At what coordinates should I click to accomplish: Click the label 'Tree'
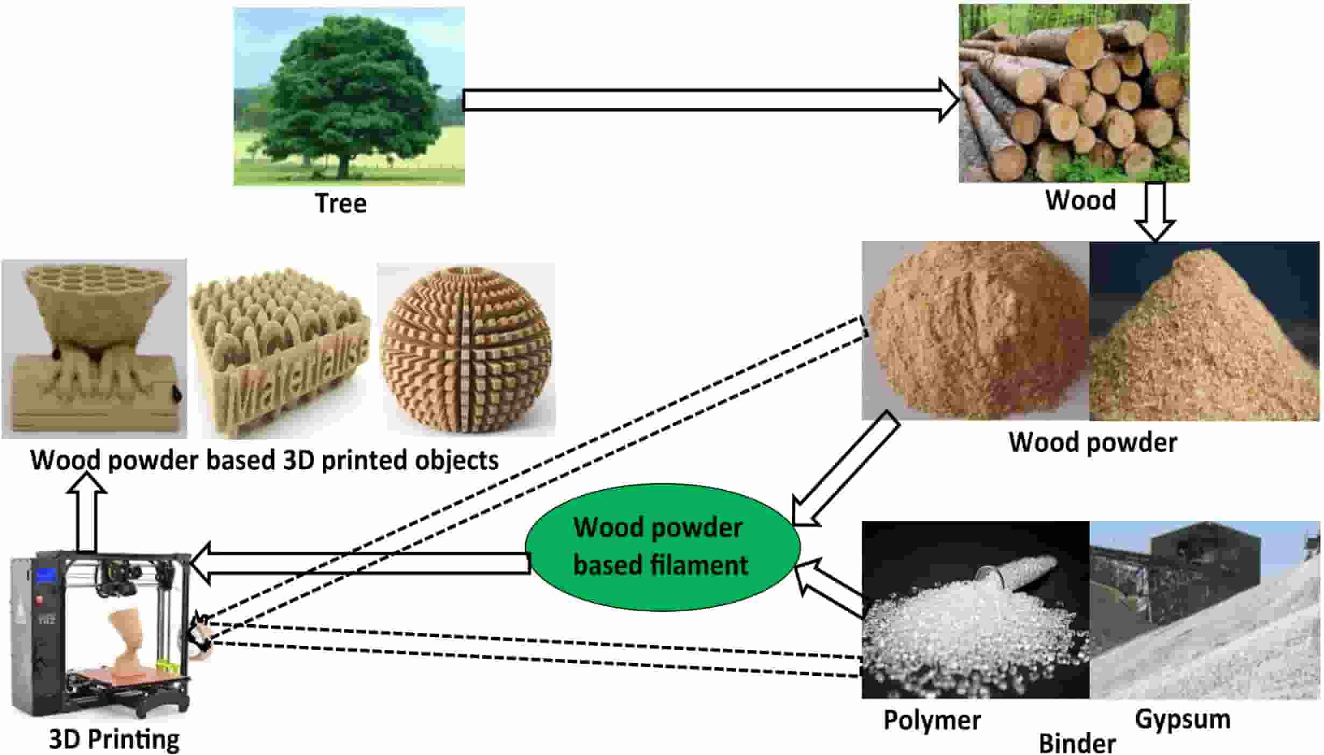[x=341, y=203]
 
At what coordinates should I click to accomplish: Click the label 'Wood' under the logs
[x=1080, y=200]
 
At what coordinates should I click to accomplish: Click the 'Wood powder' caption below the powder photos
[x=1092, y=442]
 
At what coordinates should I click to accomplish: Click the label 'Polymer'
[x=932, y=720]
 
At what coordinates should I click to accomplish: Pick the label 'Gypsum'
[x=1183, y=719]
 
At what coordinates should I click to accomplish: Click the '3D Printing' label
[x=114, y=739]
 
